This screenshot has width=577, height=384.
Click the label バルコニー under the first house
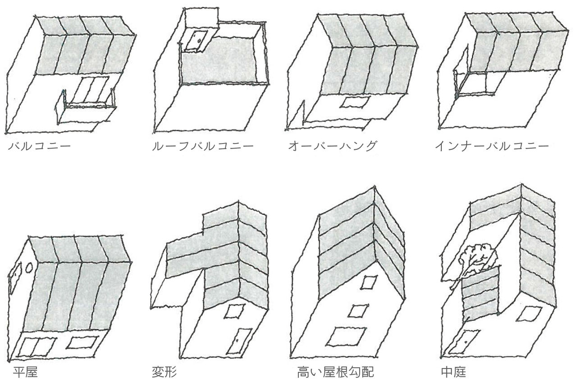point(40,147)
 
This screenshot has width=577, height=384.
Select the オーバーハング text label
point(332,147)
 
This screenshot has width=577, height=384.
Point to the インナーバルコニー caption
point(492,147)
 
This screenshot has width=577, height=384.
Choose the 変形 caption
point(165,372)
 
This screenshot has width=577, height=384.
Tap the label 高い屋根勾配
point(335,372)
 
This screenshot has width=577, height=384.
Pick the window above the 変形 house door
point(234,311)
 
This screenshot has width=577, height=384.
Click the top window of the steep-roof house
point(369,282)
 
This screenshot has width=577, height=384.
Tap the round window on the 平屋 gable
point(28,268)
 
